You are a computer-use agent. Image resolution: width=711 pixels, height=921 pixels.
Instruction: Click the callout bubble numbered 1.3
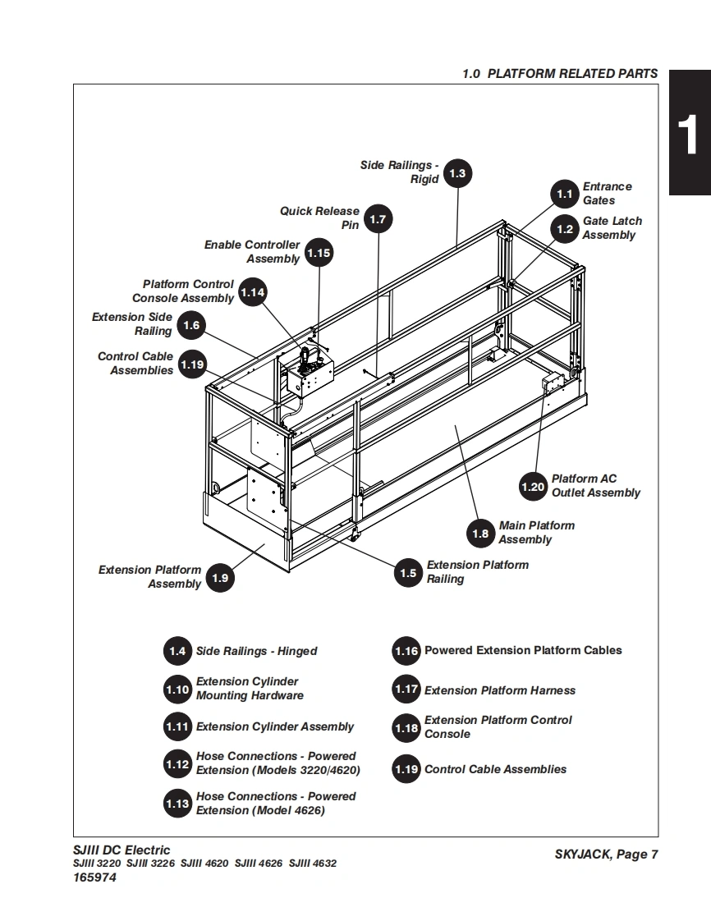point(458,173)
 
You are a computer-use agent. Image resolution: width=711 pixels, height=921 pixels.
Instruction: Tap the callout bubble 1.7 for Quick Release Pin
point(378,219)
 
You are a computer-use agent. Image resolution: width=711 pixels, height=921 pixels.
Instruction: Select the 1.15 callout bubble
point(319,253)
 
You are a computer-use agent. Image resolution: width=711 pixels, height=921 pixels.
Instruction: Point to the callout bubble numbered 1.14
point(253,291)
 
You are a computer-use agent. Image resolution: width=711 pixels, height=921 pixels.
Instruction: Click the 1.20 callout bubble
point(533,487)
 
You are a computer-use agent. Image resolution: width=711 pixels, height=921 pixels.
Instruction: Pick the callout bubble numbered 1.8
point(481,534)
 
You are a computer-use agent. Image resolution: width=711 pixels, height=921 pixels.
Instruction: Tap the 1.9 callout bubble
point(220,578)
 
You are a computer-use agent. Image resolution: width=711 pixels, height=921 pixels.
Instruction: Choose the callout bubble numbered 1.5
point(409,573)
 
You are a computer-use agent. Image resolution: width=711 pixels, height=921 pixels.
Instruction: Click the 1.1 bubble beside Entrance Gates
point(565,195)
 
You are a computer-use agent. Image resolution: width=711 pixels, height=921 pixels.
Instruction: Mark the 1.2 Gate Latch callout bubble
point(565,229)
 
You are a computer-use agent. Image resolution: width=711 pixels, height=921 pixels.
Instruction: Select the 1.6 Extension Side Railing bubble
point(191,326)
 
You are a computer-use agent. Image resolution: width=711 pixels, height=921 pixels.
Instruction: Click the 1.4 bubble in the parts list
point(177,651)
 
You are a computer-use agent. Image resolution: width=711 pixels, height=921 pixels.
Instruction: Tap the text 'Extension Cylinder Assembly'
point(275,726)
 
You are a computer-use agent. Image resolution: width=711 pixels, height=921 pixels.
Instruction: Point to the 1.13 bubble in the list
point(177,804)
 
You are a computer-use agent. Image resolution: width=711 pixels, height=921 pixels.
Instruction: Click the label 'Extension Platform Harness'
point(500,690)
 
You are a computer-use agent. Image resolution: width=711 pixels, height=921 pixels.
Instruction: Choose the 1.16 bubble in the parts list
point(406,651)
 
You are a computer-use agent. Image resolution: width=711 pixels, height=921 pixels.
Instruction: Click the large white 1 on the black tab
point(689,134)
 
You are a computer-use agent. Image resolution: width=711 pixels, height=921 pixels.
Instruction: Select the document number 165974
point(94,877)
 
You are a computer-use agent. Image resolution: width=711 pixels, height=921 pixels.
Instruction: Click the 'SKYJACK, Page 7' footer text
point(606,855)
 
